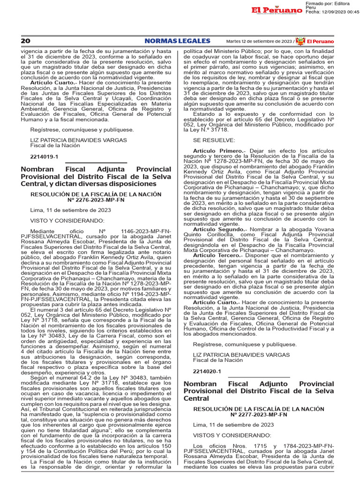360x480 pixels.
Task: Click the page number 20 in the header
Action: pyautogui.click(x=25, y=41)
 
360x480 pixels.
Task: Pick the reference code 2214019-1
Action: pyautogui.click(x=44, y=157)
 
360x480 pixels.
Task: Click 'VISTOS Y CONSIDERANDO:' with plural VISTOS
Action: pyautogui.click(x=232, y=435)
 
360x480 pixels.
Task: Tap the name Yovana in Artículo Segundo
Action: pyautogui.click(x=322, y=229)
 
